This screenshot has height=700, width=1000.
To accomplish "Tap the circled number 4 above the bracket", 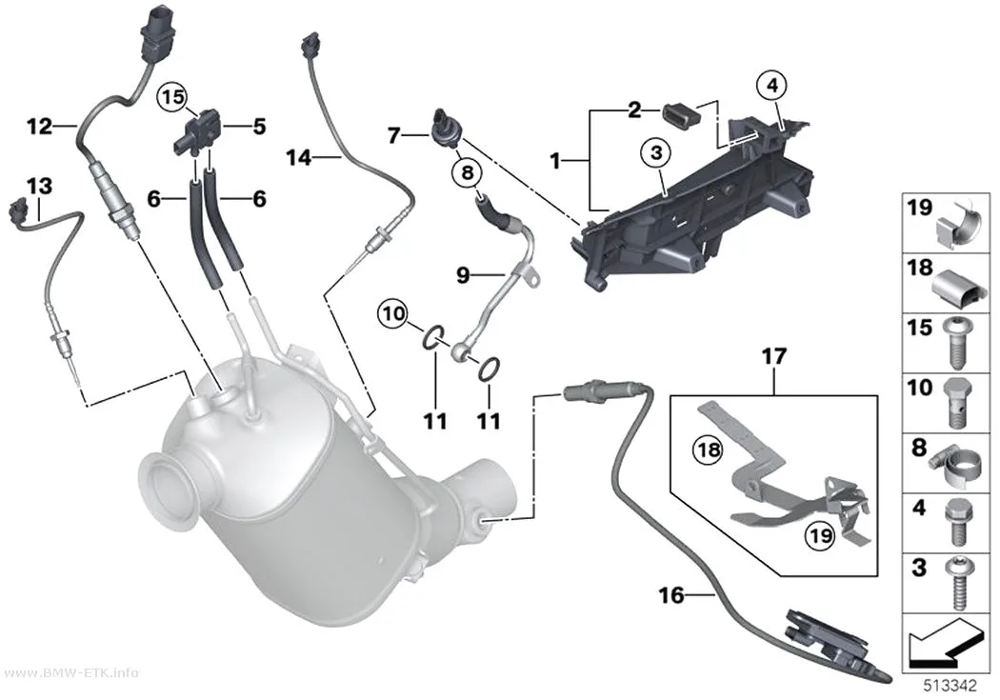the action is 772,85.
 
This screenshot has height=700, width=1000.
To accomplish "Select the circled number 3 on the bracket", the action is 657,152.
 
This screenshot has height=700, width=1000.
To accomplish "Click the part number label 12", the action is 40,126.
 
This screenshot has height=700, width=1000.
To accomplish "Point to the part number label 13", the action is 40,186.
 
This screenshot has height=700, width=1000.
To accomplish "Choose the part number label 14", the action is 298,156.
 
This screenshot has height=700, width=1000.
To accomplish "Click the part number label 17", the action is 773,356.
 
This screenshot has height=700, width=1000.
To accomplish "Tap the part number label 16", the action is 670,595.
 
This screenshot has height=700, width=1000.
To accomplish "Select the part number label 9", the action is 463,275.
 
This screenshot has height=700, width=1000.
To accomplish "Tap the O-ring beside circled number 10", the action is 432,335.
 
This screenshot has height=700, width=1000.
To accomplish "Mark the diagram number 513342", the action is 950,686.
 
